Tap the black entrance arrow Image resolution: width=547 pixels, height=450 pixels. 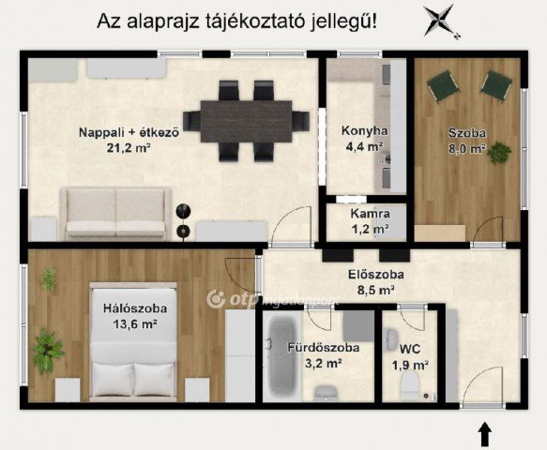(486, 434)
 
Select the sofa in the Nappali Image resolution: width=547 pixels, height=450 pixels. (115, 213)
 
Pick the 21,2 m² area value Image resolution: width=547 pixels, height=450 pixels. (129, 147)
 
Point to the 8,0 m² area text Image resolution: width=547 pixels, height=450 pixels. (465, 149)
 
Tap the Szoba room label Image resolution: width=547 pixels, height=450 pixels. (465, 133)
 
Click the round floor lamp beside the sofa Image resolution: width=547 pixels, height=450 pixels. (184, 210)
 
